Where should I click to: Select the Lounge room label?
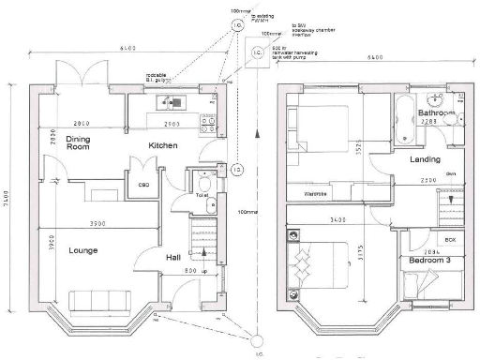[58, 251]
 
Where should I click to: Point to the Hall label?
[173, 257]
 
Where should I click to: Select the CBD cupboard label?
[145, 184]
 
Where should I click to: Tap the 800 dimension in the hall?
[189, 272]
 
